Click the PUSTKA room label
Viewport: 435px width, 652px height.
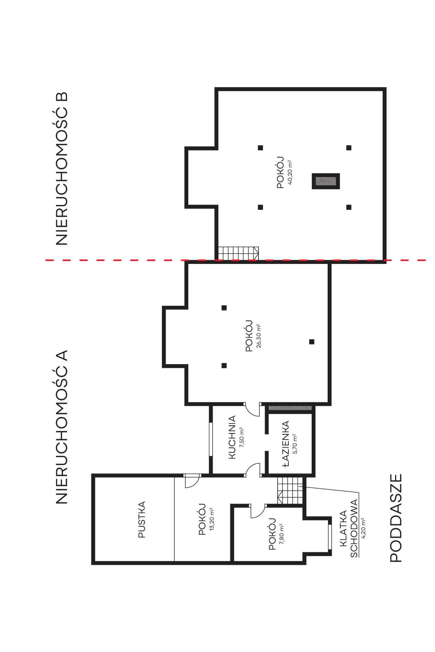[142, 519]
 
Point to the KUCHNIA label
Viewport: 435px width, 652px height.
[232, 437]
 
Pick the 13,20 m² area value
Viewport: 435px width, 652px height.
[211, 519]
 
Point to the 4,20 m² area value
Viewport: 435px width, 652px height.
[364, 528]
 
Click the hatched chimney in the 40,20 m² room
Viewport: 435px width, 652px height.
[326, 181]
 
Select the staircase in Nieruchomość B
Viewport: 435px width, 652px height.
[238, 253]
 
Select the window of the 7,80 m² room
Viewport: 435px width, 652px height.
[330, 537]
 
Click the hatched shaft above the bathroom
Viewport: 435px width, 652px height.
[290, 407]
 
